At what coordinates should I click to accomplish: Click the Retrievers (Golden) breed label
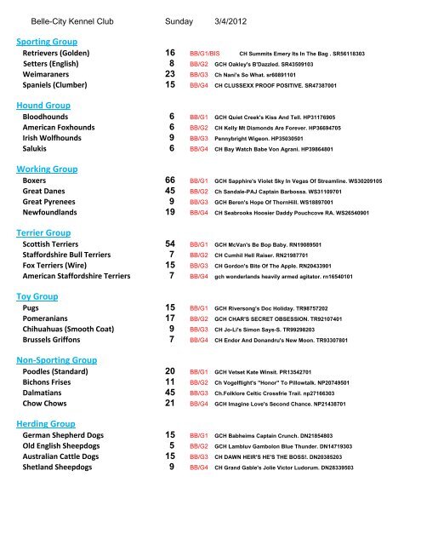(x=63, y=53)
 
